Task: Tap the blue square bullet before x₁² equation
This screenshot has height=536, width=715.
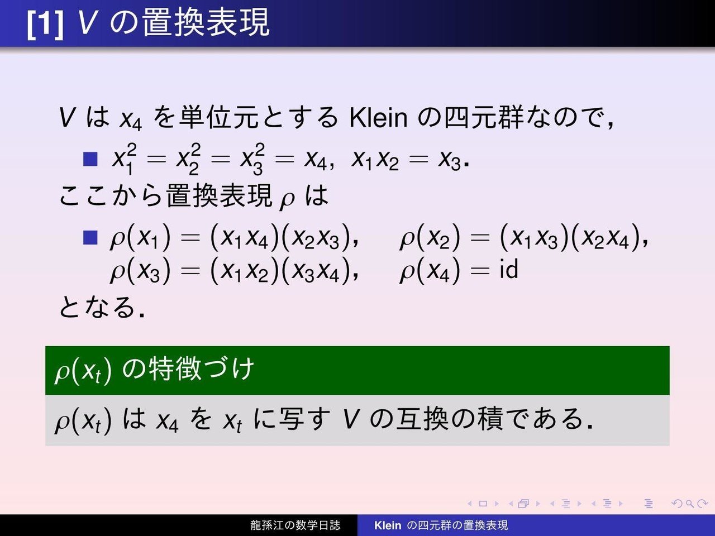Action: [x=90, y=159]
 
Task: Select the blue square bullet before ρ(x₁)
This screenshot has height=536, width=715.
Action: [x=90, y=238]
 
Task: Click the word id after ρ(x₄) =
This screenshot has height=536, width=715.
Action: [x=509, y=269]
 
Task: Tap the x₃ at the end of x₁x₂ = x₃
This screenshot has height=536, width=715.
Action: [x=450, y=161]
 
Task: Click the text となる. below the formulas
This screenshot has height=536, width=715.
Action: [x=102, y=307]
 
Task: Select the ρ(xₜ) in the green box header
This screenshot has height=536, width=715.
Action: [x=83, y=371]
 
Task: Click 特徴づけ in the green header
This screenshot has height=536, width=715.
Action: [x=201, y=369]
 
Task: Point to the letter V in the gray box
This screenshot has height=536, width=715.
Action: [x=351, y=419]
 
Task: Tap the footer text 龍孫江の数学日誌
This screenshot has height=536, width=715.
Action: [x=295, y=525]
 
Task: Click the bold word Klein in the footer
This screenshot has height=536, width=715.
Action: [x=388, y=525]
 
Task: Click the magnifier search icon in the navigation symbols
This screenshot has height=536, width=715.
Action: [x=689, y=504]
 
